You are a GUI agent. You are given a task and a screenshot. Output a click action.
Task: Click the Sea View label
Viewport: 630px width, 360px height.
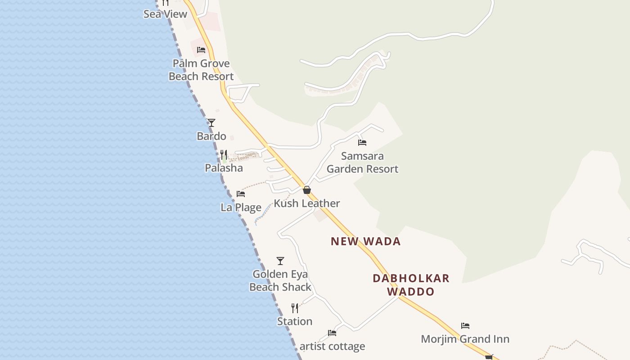tap(165, 14)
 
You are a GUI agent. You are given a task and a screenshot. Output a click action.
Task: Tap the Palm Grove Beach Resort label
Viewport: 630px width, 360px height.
tap(201, 70)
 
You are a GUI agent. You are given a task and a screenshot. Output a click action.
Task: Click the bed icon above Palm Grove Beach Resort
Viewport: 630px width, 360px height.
tap(201, 50)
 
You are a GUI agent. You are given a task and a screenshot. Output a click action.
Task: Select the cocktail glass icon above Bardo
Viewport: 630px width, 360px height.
tap(211, 123)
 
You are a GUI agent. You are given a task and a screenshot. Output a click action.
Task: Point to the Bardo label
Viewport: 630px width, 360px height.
tap(211, 136)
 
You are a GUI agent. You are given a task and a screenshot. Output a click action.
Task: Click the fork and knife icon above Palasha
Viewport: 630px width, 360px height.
tap(224, 155)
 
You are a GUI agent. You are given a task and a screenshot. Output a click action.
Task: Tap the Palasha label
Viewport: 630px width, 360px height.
tap(224, 168)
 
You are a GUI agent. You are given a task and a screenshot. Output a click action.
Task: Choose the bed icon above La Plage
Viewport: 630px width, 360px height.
tap(241, 194)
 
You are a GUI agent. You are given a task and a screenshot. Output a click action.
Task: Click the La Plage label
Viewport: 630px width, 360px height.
tap(241, 207)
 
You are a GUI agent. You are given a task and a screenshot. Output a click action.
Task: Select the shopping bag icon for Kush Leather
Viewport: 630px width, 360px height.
tap(307, 190)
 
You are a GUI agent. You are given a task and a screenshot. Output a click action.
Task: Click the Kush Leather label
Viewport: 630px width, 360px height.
tap(307, 203)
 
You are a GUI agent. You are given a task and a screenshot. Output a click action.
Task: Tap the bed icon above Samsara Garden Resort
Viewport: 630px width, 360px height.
tap(362, 143)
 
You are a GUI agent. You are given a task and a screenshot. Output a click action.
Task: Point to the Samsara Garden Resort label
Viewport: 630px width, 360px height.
tap(362, 162)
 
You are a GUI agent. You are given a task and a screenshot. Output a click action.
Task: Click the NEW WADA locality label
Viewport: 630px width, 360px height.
tap(365, 241)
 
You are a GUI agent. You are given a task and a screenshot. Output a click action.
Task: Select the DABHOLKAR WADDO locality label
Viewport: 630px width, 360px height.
tap(411, 284)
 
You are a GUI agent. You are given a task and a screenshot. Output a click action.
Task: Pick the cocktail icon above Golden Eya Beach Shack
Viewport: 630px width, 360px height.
tap(280, 261)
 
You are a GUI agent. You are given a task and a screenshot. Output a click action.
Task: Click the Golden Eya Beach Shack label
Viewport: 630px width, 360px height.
tap(280, 280)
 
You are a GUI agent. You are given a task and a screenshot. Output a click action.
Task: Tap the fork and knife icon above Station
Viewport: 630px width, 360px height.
tap(295, 308)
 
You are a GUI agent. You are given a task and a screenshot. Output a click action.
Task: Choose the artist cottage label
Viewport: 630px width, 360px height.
tap(332, 346)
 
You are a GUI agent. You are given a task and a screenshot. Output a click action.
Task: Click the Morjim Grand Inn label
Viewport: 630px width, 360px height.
tap(465, 339)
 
